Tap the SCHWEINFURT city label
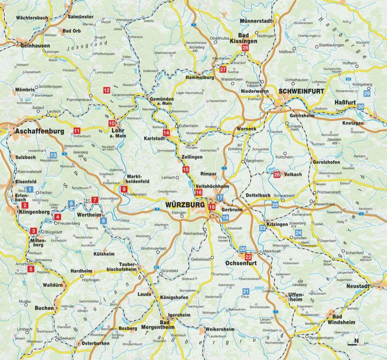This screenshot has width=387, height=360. click(301, 91)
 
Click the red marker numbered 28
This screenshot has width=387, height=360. click(245, 48)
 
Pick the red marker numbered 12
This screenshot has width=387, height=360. click(106, 90)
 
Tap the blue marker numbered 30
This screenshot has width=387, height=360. click(361, 107)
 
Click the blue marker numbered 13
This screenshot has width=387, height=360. click(54, 155)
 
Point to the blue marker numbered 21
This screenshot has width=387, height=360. click(245, 291)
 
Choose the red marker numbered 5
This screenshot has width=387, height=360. click(31, 269)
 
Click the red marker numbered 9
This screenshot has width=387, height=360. click(124, 189)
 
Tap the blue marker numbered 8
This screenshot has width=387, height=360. click(103, 221)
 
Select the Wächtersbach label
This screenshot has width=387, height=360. click(31, 18)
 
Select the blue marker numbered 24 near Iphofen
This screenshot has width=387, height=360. click(299, 232)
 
